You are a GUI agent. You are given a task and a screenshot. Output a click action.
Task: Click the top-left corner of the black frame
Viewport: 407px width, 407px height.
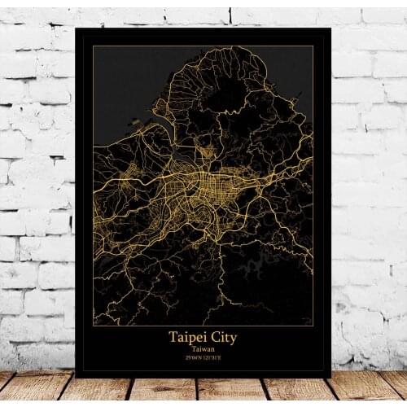(75, 28)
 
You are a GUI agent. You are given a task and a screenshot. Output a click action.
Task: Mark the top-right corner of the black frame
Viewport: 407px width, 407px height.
(330, 28)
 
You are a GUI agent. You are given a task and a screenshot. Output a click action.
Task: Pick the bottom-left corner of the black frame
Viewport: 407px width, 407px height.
(75, 377)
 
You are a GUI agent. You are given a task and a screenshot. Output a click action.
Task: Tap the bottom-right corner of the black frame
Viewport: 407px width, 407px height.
(330, 377)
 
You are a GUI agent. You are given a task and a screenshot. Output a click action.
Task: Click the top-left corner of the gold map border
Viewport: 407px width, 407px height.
(93, 46)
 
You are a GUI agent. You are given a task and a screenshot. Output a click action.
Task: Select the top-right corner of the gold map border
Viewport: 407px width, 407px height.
(313, 46)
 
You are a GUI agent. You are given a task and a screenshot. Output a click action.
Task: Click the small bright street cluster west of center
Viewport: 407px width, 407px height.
(134, 171)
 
